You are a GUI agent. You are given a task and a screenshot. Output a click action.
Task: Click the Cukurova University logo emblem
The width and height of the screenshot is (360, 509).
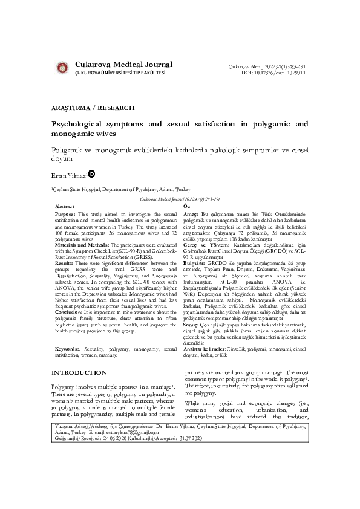[61, 68]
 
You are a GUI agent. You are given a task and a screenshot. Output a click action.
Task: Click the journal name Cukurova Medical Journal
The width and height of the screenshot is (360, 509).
[123, 65]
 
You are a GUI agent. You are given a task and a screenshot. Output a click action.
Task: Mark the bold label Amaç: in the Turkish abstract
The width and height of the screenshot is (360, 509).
[190, 215]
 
